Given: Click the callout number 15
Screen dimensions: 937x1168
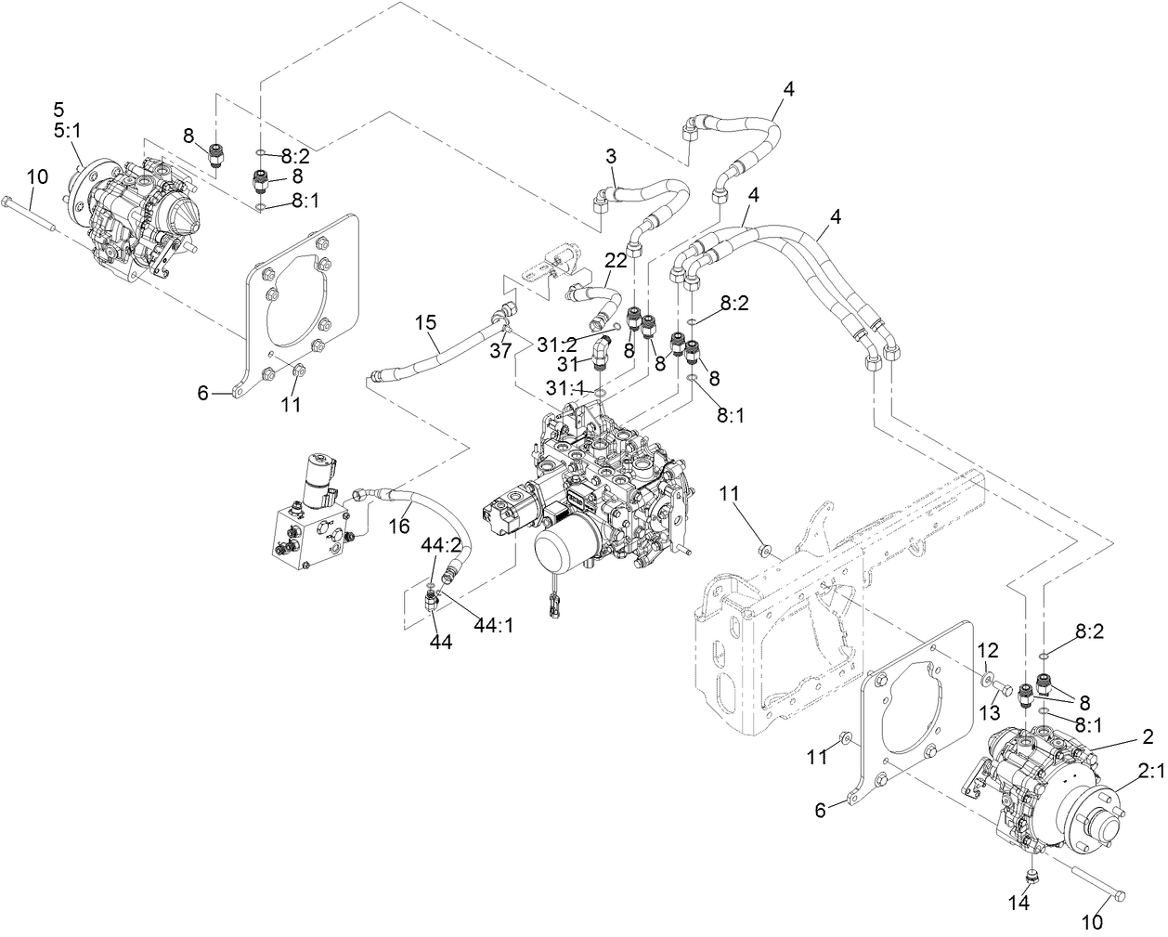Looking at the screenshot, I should click(x=425, y=323).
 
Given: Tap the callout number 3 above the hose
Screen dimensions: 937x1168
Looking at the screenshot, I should click(x=611, y=157).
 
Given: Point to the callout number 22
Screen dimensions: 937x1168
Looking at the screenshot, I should click(x=616, y=263).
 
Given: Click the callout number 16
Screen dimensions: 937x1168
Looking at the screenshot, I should click(x=397, y=527).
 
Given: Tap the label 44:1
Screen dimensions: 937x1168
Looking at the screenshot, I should click(x=494, y=625).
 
